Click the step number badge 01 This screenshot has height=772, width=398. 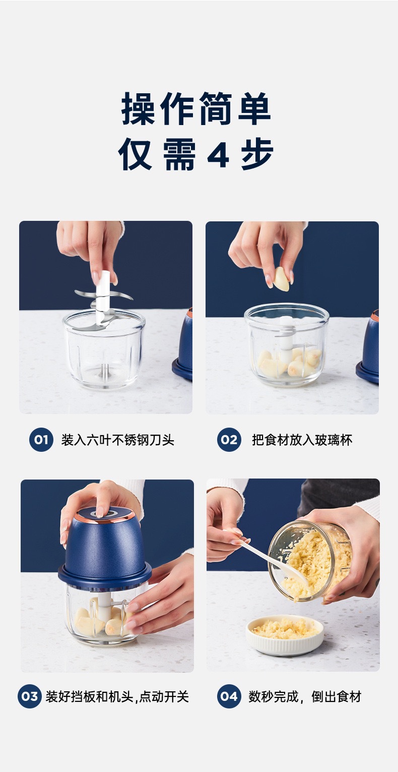41,439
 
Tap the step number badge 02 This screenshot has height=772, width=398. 229,439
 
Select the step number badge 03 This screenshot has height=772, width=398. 30,696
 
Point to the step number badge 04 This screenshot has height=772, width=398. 229,696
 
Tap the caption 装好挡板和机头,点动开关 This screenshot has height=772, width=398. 117,696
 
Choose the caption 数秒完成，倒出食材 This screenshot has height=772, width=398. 305,696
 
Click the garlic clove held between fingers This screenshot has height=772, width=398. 281,278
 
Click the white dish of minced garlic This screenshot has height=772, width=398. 285,634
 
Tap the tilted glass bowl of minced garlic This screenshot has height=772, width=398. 310,560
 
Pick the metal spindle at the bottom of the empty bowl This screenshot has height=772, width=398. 104,371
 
